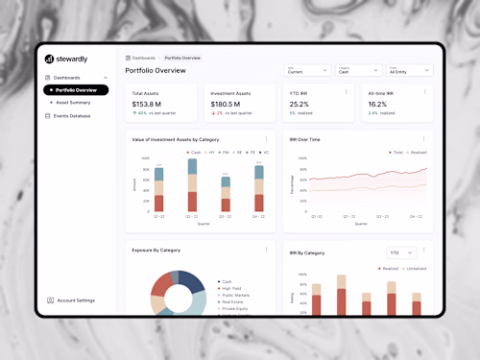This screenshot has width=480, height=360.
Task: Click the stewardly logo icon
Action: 49,59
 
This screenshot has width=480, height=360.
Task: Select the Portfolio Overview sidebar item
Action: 76,89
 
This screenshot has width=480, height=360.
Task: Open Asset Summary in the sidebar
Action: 73,102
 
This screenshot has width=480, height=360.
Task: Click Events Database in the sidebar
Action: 72,115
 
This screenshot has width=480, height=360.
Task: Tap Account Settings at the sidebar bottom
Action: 75,300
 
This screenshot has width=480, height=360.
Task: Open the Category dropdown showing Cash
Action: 358,70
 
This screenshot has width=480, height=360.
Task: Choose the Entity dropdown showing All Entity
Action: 410,70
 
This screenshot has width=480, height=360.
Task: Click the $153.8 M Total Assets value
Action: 146,104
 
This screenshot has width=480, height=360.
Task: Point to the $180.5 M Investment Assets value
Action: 225,104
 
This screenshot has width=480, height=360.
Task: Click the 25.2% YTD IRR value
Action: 300,104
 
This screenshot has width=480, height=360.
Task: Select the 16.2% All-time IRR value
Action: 377,104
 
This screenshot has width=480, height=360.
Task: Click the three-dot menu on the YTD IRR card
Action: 346,92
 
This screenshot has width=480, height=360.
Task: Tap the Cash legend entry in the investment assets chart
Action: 194,152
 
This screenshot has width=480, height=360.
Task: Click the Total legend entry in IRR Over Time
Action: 396,152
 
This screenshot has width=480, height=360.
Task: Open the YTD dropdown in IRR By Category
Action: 399,252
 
